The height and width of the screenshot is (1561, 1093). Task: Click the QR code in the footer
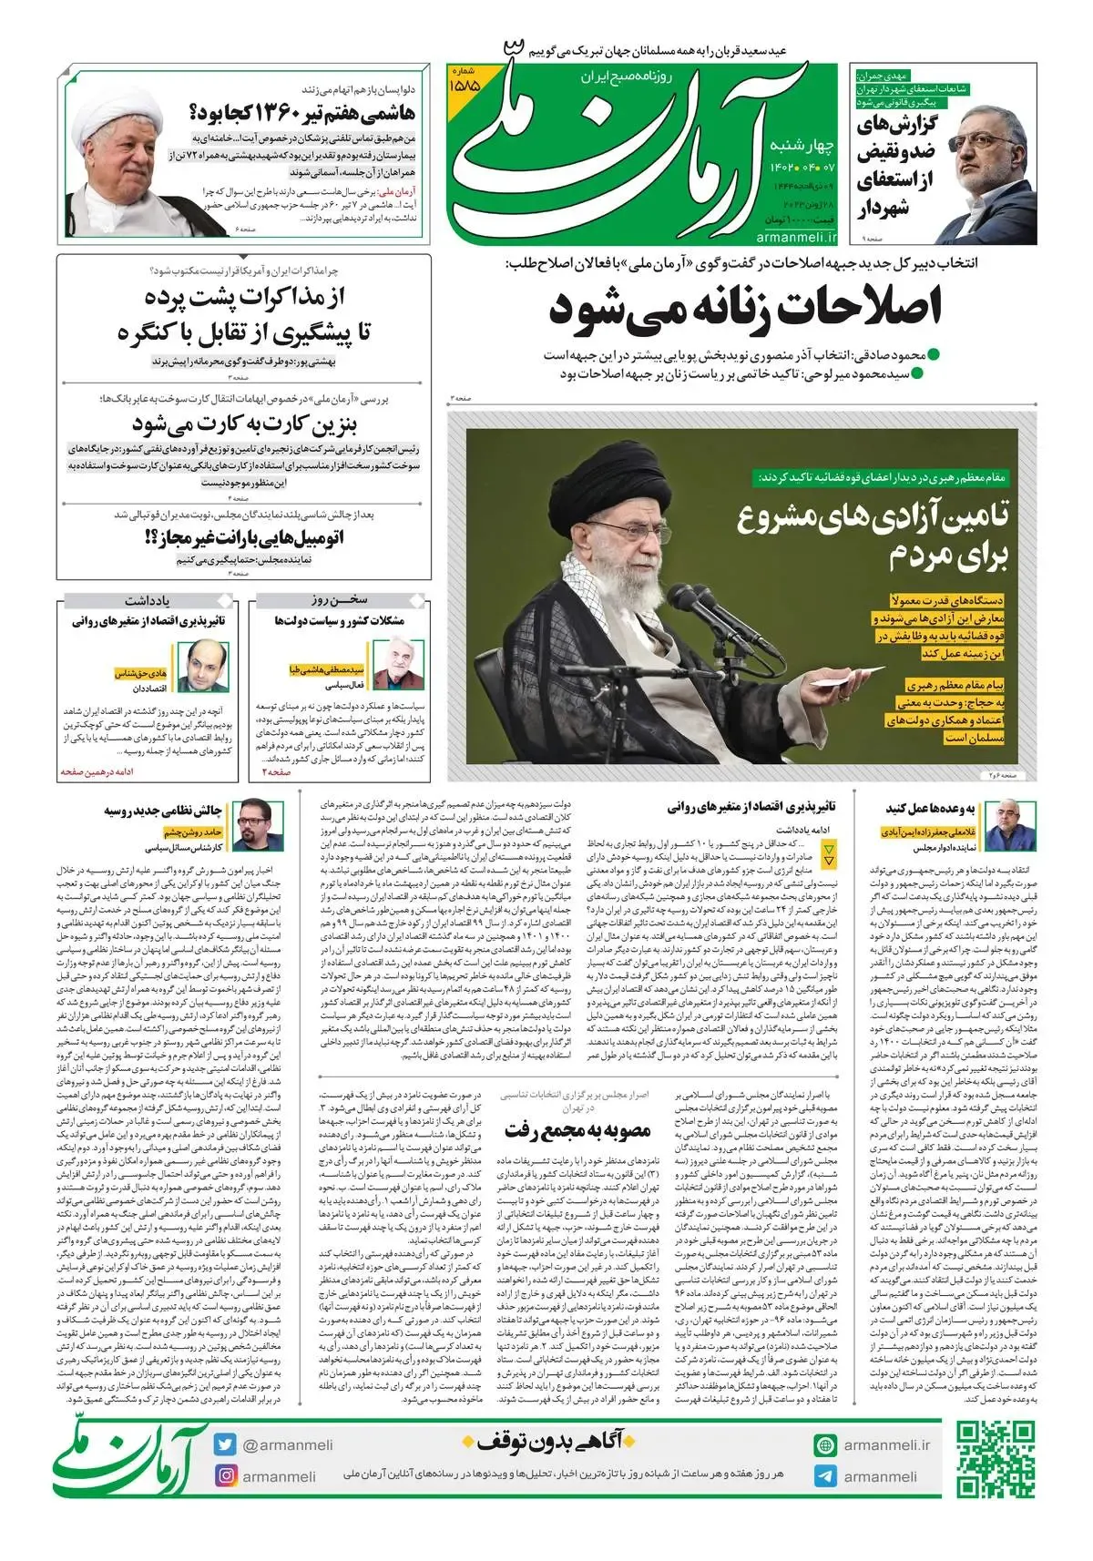[995, 1459]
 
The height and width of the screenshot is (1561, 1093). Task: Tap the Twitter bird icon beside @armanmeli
[226, 1444]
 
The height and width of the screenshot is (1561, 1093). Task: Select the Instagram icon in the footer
[226, 1476]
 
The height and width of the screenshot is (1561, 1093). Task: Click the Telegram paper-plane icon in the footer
[824, 1476]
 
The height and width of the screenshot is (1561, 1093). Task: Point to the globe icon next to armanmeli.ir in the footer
[824, 1444]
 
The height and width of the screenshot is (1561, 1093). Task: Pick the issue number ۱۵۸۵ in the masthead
[465, 83]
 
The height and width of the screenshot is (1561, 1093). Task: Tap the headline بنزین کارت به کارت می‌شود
[244, 424]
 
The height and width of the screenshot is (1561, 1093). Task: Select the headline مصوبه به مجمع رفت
[578, 1131]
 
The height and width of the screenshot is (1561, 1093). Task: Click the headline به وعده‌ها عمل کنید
[930, 808]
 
